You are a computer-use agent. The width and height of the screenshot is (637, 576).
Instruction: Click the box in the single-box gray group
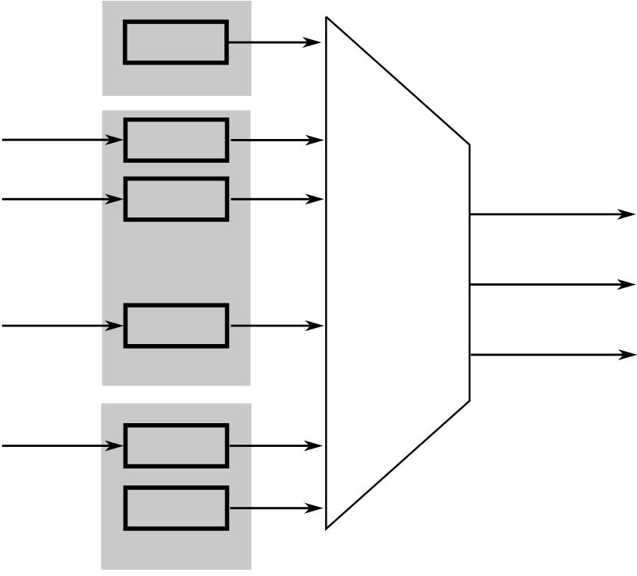point(176,42)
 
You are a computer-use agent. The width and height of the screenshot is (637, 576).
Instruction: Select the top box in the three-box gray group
point(176,140)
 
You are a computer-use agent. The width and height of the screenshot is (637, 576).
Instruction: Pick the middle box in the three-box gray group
point(176,199)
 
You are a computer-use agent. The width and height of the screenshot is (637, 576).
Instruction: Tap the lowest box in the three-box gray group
point(176,326)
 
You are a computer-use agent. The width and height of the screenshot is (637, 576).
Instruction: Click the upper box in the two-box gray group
point(176,445)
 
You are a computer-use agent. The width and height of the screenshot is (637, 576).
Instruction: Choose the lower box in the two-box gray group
point(176,508)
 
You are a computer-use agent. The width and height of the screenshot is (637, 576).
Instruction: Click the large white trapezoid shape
point(396,273)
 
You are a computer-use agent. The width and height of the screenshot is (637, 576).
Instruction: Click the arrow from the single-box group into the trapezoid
point(274,42)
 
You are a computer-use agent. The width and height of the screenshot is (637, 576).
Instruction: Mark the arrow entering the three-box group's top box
point(61,140)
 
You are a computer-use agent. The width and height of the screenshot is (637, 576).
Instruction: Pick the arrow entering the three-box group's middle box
point(61,199)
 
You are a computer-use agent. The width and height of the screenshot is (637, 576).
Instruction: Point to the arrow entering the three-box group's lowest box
point(61,326)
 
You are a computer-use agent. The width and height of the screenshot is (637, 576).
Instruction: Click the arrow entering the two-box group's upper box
point(61,445)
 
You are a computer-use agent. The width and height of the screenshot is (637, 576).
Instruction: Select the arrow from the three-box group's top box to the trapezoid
point(277,140)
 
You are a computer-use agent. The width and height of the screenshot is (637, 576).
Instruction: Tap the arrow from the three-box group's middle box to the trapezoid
point(277,199)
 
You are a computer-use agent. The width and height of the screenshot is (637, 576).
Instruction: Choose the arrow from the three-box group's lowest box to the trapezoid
point(277,326)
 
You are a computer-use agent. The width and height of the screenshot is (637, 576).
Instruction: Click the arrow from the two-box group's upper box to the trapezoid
point(275,445)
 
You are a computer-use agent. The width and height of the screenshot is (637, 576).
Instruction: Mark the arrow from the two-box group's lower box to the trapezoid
point(275,508)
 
